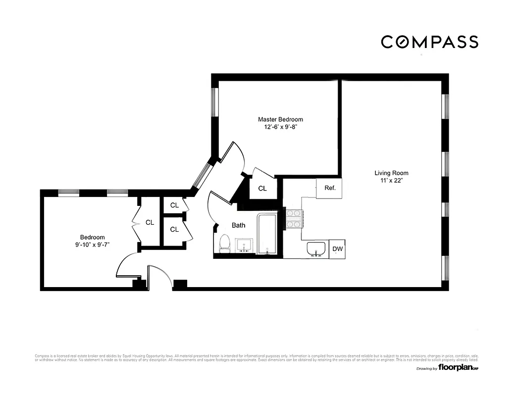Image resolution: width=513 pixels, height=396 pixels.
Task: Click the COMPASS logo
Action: pyautogui.click(x=429, y=42)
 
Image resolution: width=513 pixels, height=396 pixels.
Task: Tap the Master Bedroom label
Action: pyautogui.click(x=280, y=119)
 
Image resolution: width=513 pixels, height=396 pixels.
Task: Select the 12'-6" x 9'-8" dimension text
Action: pyautogui.click(x=280, y=127)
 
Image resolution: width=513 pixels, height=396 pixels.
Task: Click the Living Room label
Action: pyautogui.click(x=391, y=173)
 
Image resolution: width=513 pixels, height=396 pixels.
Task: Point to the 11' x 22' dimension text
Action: pyautogui.click(x=391, y=181)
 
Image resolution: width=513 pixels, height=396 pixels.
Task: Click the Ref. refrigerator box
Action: pyautogui.click(x=330, y=188)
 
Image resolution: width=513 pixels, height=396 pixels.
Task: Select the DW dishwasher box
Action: pyautogui.click(x=337, y=249)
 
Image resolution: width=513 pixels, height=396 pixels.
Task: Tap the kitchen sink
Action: pyautogui.click(x=315, y=249)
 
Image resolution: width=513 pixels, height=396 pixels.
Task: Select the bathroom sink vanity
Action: pyautogui.click(x=244, y=245)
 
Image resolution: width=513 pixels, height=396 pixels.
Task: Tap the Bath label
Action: pyautogui.click(x=239, y=225)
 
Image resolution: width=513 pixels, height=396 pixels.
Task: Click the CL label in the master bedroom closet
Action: pyautogui.click(x=262, y=189)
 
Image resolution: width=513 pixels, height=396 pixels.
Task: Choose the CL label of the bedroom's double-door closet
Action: pyautogui.click(x=150, y=223)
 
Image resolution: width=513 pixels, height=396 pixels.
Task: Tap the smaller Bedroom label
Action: pyautogui.click(x=93, y=237)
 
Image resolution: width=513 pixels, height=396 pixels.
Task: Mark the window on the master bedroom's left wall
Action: pyautogui.click(x=215, y=102)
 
